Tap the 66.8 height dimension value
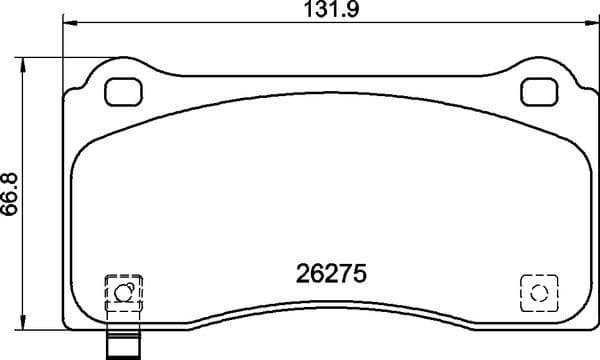[11, 192]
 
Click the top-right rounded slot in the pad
[539, 91]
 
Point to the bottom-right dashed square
[538, 293]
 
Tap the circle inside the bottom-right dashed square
[538, 293]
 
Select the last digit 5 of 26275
[364, 273]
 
